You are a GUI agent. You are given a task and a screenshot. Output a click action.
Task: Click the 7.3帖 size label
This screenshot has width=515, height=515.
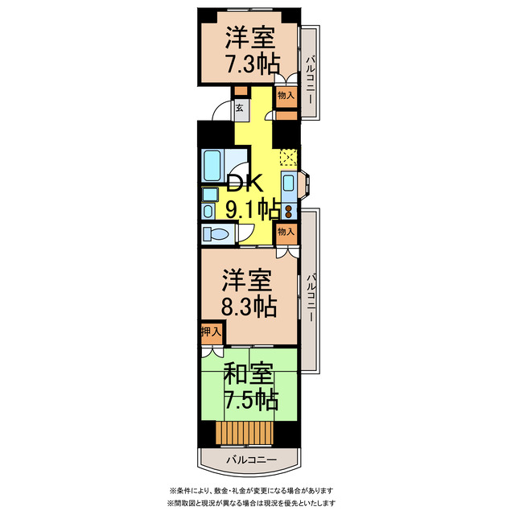(249, 64)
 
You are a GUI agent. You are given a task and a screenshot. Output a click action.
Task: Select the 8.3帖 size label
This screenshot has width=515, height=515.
(249, 306)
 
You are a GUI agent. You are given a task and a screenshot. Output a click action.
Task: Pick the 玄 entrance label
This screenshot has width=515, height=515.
(241, 107)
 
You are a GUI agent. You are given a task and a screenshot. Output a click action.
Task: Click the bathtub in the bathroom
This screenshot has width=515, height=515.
(216, 166)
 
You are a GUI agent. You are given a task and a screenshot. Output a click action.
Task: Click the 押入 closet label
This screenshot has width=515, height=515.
(211, 332)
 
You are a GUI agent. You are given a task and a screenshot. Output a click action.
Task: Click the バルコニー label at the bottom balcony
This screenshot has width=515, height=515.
(250, 459)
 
